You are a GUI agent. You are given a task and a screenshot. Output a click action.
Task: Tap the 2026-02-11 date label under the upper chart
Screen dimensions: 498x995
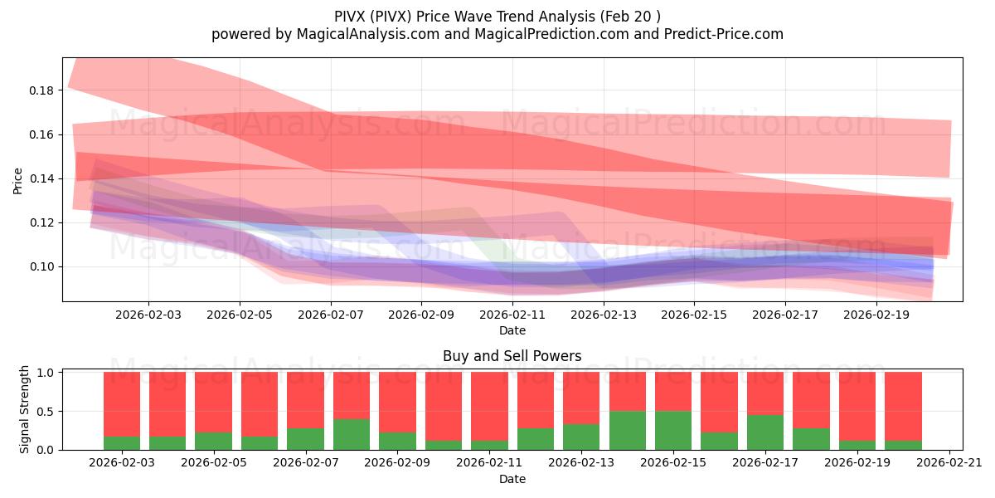pyautogui.click(x=512, y=315)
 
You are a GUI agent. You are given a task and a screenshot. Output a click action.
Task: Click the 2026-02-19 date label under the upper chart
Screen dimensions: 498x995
pyautogui.click(x=876, y=315)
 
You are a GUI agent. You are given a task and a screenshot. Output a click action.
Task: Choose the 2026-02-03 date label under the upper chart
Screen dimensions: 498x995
pyautogui.click(x=148, y=315)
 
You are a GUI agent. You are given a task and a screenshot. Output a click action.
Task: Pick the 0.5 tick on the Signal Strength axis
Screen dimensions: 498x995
pyautogui.click(x=46, y=412)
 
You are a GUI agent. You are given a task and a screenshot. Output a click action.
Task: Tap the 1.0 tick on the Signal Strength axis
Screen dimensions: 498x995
pyautogui.click(x=46, y=373)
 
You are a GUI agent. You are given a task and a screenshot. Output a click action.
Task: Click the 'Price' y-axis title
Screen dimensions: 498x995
pyautogui.click(x=18, y=179)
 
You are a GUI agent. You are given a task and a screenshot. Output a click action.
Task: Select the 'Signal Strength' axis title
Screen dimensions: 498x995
pyautogui.click(x=25, y=410)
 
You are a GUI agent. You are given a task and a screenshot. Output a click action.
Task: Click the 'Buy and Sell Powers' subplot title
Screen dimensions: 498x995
pyautogui.click(x=512, y=356)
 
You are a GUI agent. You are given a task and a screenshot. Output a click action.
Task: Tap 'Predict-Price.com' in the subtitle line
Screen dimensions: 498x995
pyautogui.click(x=724, y=34)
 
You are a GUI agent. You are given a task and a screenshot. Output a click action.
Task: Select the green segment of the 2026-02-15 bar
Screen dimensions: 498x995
pyautogui.click(x=672, y=430)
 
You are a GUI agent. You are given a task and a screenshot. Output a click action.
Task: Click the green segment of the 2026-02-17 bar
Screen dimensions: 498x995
pyautogui.click(x=764, y=432)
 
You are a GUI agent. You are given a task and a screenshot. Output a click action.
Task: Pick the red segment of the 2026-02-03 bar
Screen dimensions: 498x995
pyautogui.click(x=122, y=403)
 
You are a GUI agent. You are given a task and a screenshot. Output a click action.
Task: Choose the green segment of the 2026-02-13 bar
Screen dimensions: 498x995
pyautogui.click(x=580, y=437)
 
